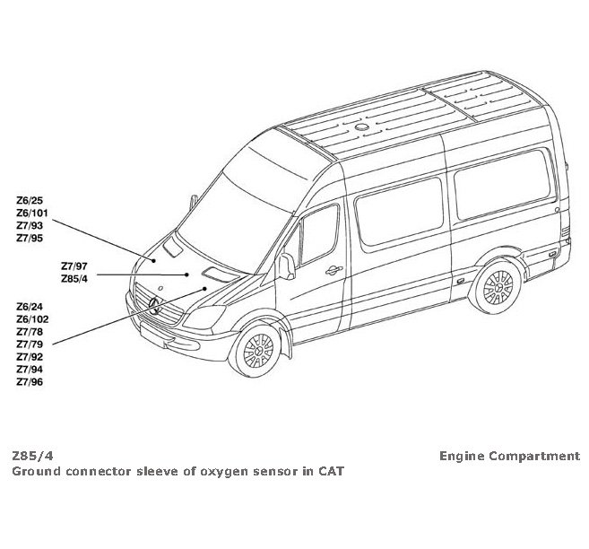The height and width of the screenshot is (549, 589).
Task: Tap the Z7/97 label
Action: [74, 266]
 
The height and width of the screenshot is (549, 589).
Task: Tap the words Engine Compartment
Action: [509, 456]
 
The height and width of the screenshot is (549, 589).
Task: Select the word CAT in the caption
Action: [330, 471]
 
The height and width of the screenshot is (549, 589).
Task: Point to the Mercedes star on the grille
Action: [153, 304]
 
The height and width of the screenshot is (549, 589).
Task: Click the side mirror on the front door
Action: [287, 265]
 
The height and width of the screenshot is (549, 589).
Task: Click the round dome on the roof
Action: [363, 129]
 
